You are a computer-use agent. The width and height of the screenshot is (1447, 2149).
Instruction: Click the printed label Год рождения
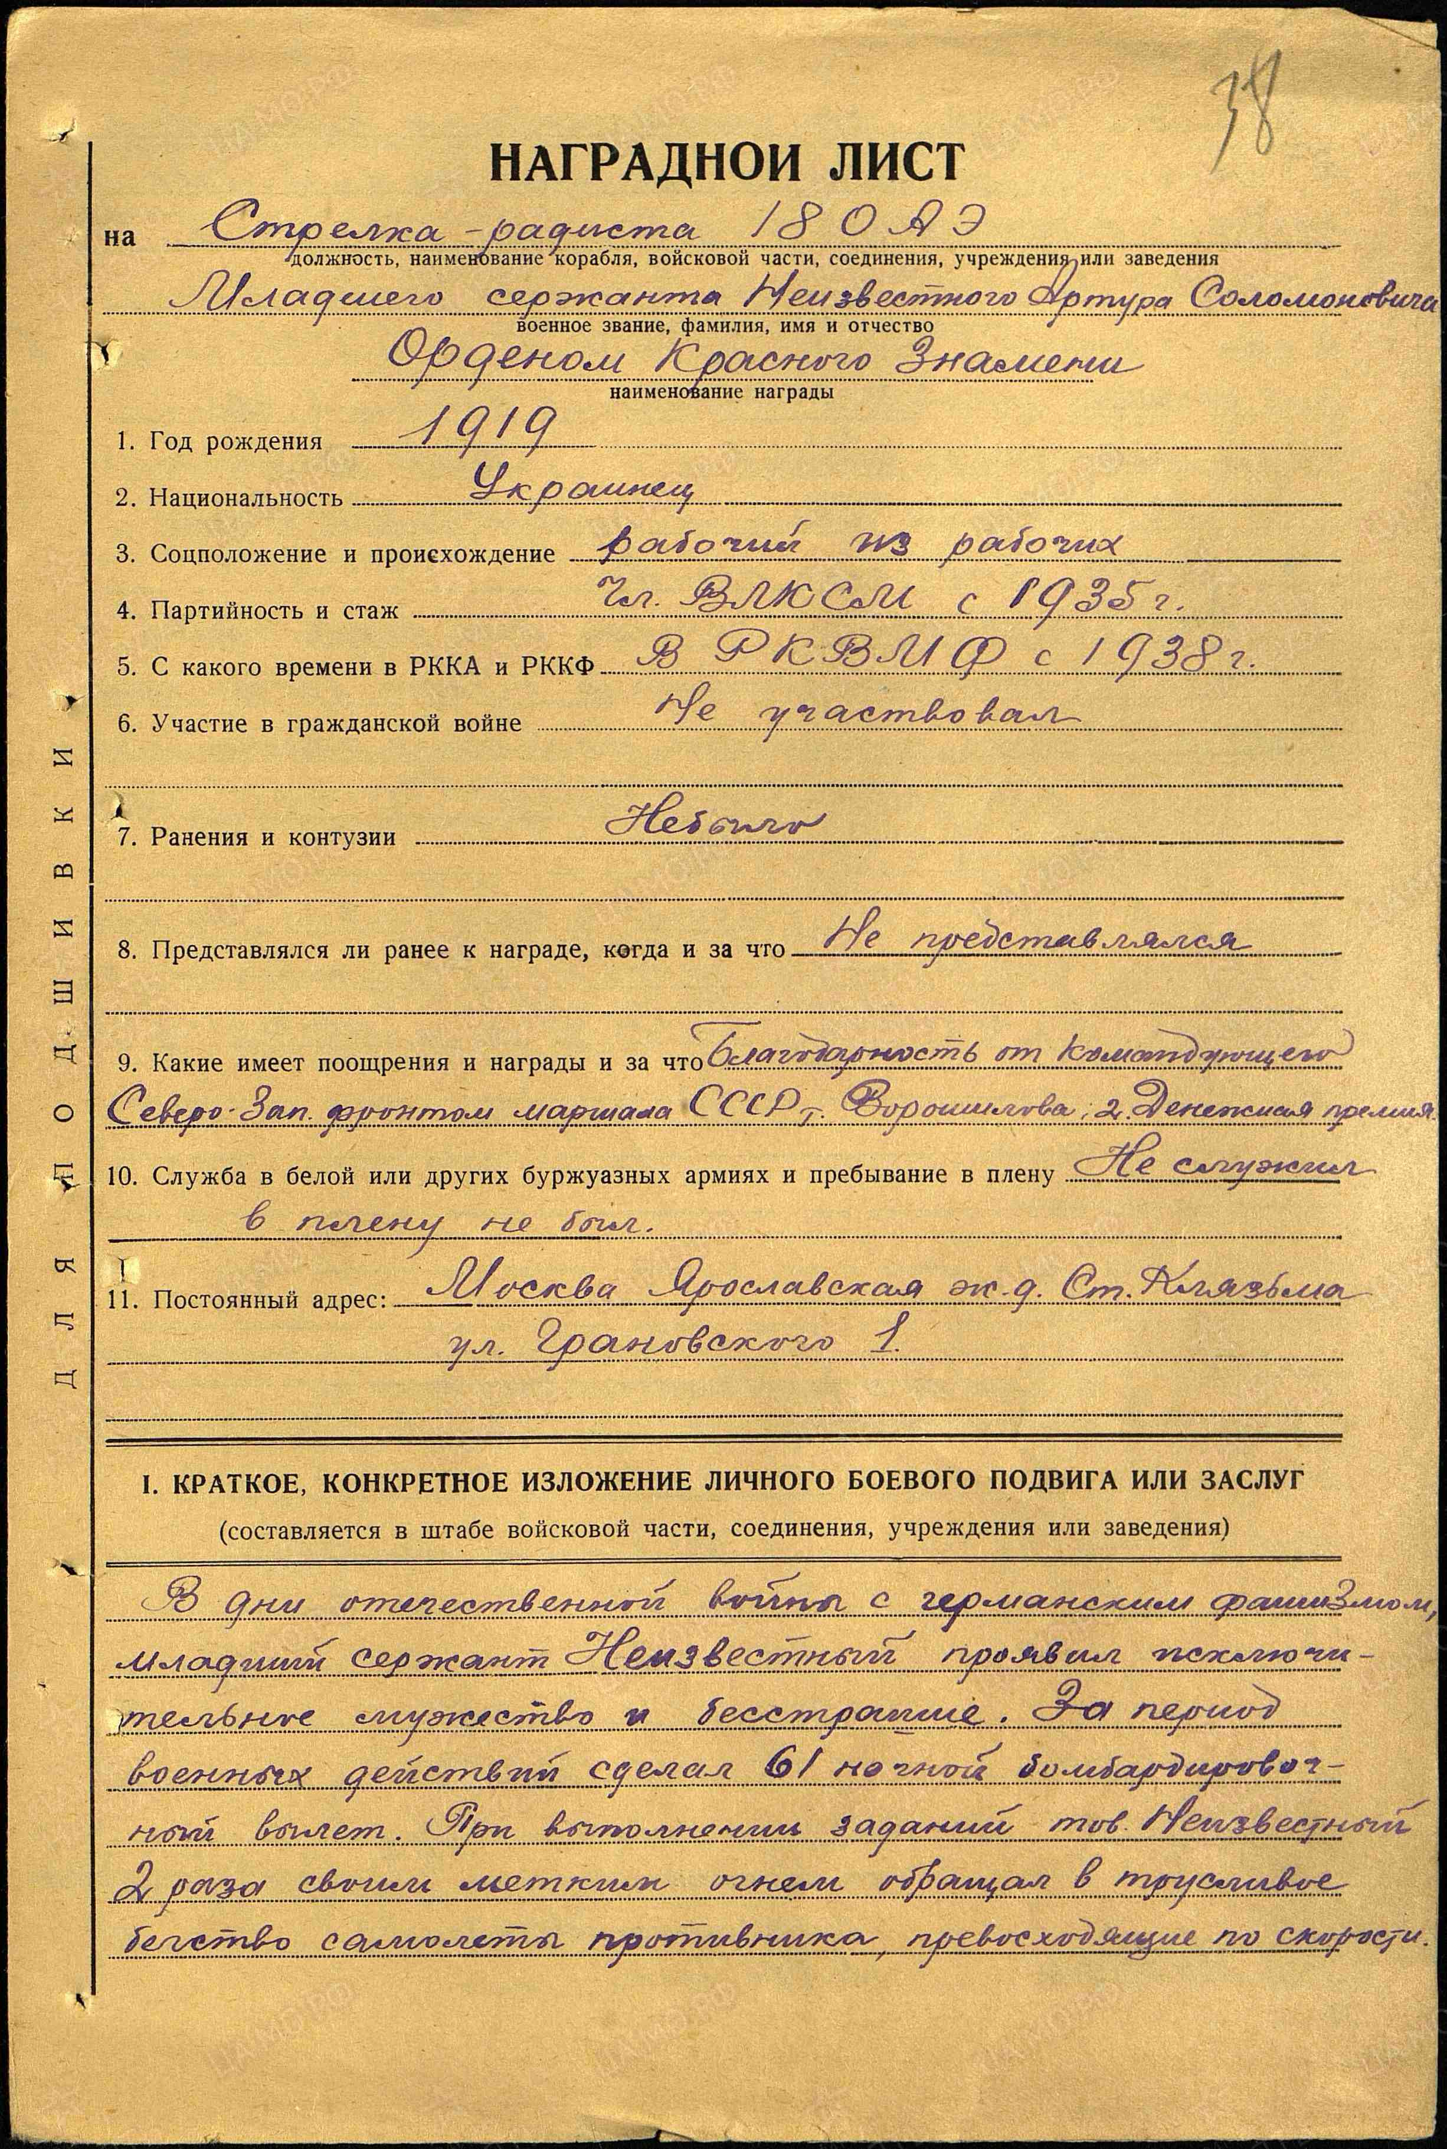coord(236,442)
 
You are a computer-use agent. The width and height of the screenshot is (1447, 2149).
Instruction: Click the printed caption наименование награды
coord(721,393)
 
